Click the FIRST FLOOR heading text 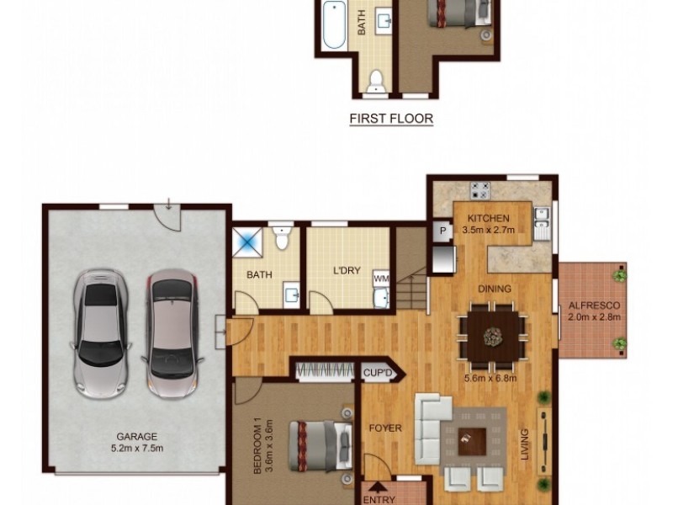click(x=391, y=119)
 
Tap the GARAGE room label click(x=136, y=436)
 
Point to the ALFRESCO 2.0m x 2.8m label click(x=593, y=311)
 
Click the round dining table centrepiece click(x=492, y=337)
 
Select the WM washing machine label click(x=381, y=277)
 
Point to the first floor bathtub click(x=332, y=25)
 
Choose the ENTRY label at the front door click(x=378, y=498)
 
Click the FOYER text click(x=385, y=428)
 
